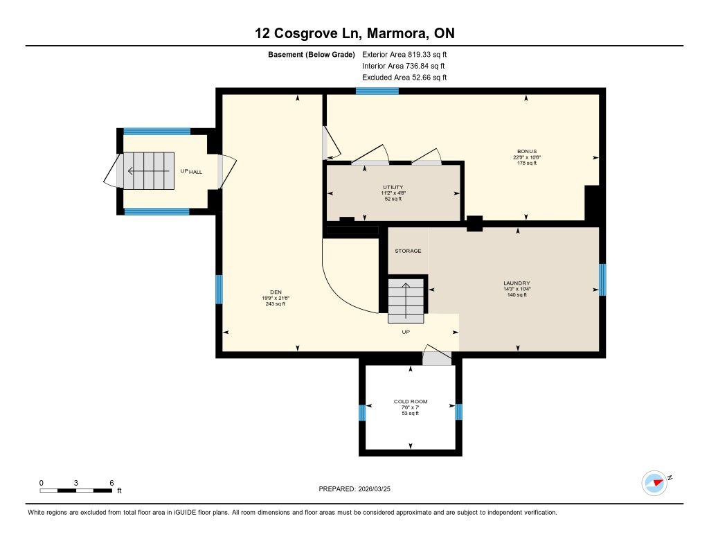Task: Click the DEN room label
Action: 276,292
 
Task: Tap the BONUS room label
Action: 527,152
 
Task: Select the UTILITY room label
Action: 393,187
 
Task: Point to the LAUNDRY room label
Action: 517,283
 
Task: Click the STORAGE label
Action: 408,251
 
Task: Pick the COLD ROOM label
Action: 411,401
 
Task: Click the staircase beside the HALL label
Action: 149,170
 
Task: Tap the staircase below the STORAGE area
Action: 406,301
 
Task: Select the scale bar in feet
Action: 76,490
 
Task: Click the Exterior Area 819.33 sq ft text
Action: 404,54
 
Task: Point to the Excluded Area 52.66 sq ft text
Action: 404,78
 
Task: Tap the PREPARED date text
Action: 354,488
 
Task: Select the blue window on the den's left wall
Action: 219,289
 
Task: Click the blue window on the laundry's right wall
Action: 602,280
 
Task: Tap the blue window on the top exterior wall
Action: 377,91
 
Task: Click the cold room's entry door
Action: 437,355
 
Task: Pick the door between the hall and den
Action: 226,171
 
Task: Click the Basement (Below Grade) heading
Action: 312,55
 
